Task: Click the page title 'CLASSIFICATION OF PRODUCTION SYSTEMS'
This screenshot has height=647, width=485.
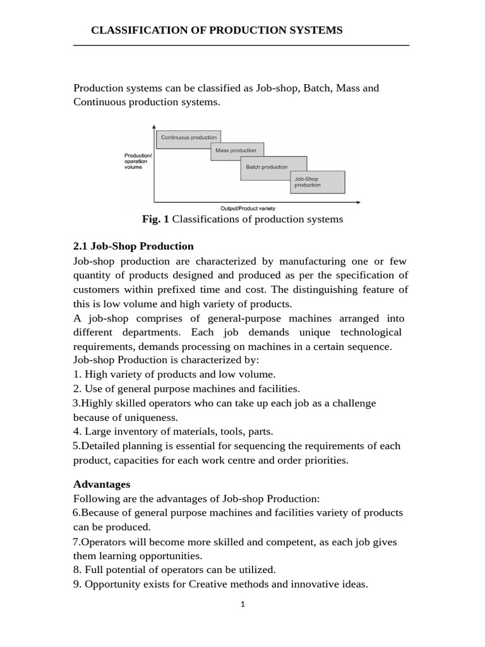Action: [x=217, y=30]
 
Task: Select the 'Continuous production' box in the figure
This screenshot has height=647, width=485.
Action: [x=188, y=137]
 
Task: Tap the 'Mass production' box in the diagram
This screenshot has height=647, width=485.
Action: [x=236, y=150]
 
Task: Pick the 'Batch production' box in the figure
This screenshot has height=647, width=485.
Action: [x=266, y=167]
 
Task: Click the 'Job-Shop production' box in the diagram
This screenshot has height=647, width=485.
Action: [x=317, y=182]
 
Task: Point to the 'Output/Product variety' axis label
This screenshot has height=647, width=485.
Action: [x=248, y=208]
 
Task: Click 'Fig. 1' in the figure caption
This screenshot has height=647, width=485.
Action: [x=156, y=219]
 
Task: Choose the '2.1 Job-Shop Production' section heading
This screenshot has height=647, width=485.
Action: [x=133, y=246]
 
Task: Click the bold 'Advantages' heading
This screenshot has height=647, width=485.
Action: [x=102, y=484]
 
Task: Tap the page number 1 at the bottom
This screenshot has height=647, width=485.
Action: [x=242, y=604]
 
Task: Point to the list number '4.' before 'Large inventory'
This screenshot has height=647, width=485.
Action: [x=78, y=432]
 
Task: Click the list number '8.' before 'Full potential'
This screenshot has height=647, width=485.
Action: [x=78, y=569]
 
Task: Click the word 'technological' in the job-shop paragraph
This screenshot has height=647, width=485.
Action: [x=371, y=332]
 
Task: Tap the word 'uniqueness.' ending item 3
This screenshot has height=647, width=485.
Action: [x=151, y=417]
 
